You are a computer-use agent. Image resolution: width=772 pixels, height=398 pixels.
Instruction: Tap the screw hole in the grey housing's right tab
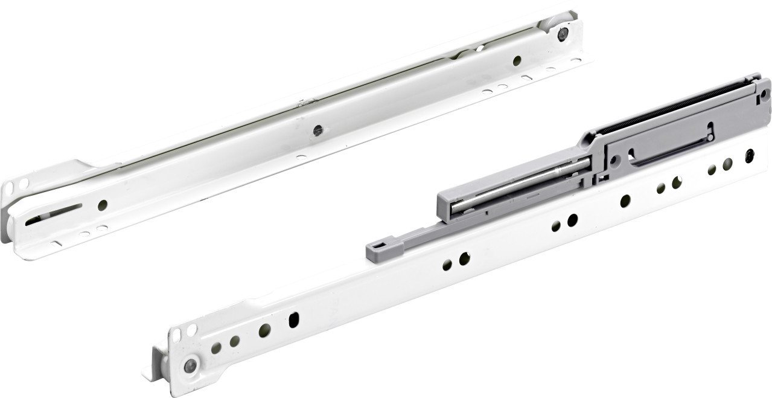click(x=765, y=94)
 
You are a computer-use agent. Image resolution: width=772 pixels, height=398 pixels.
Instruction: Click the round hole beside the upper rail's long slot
click(x=103, y=205)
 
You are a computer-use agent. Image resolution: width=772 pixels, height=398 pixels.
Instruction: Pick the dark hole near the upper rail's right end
click(x=517, y=60)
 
